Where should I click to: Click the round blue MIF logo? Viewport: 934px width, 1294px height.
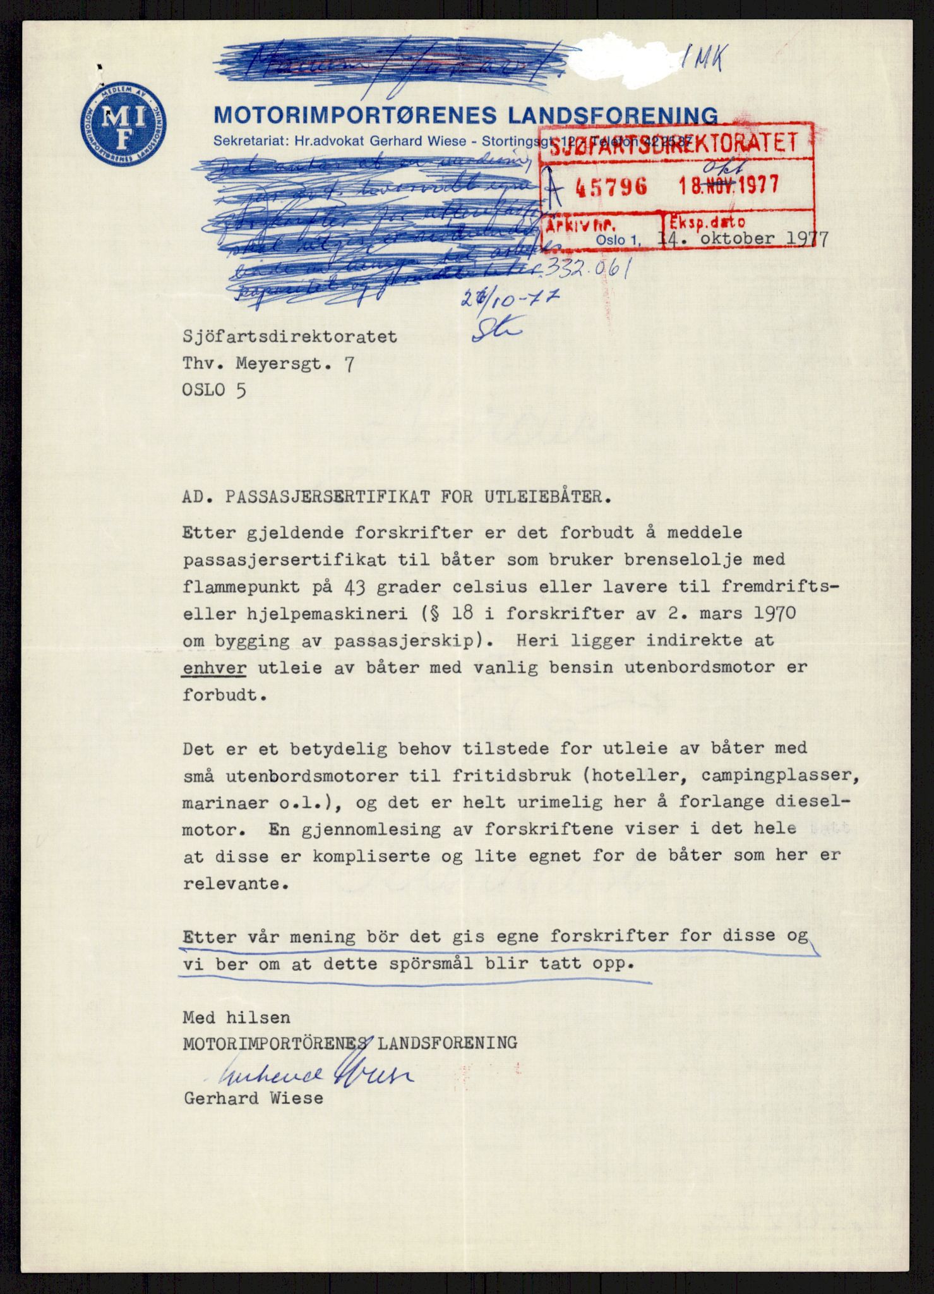click(x=124, y=124)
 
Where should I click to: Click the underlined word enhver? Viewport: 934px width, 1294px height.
click(x=214, y=668)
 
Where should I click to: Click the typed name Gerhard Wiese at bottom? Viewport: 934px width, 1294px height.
click(x=253, y=1099)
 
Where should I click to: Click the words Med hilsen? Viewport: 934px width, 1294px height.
click(x=236, y=1017)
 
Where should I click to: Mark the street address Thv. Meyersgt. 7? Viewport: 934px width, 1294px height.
click(x=268, y=363)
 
